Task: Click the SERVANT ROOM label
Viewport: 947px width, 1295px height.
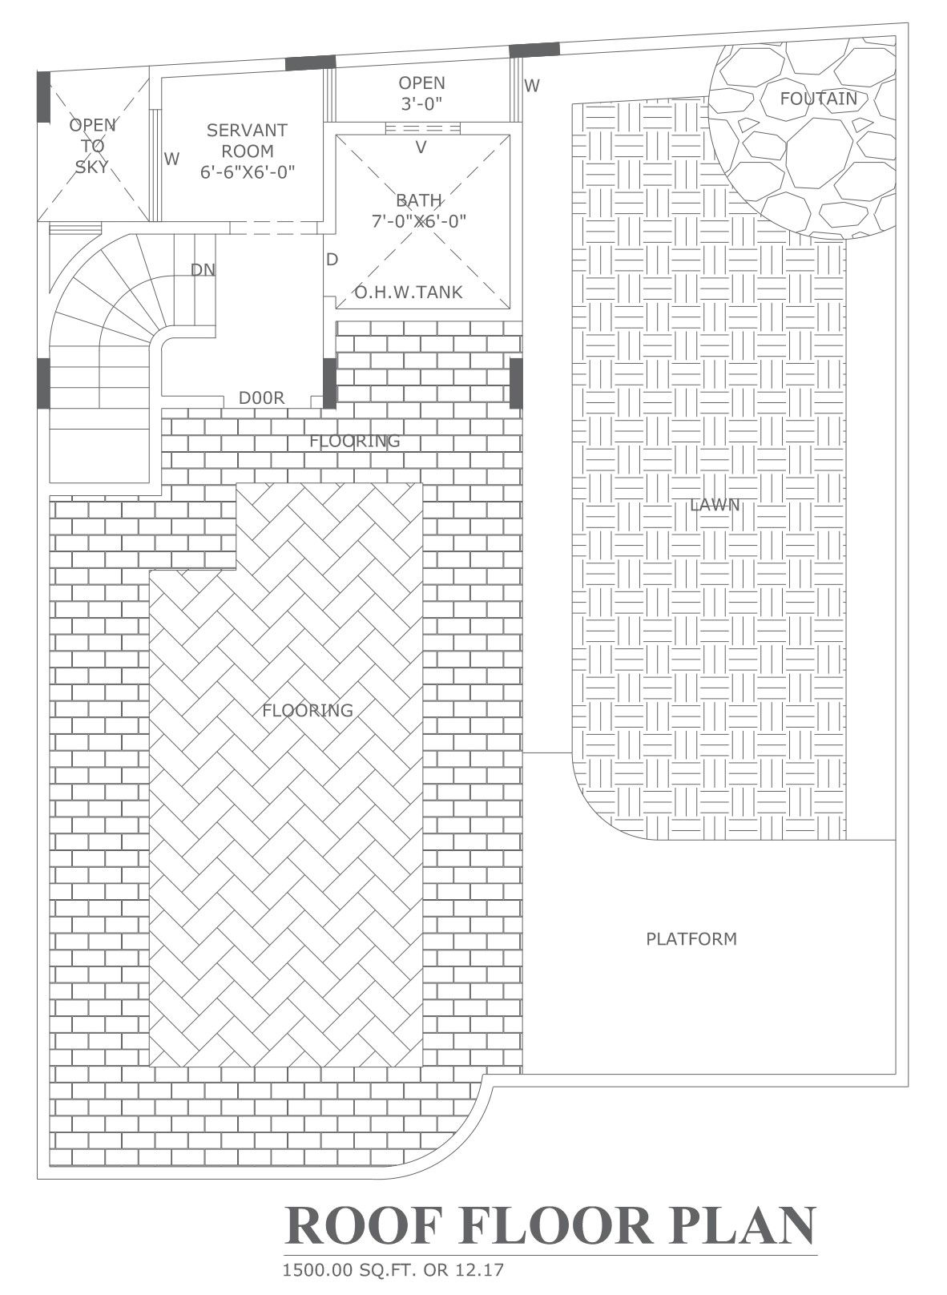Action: [247, 140]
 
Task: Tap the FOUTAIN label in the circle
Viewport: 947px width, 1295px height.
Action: [818, 99]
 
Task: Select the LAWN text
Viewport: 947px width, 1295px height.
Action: [715, 505]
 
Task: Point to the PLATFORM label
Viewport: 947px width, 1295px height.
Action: [691, 938]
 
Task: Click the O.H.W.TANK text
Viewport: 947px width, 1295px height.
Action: [409, 292]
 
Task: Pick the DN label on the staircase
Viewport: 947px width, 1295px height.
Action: [203, 270]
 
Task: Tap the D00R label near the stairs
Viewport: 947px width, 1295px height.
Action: [261, 398]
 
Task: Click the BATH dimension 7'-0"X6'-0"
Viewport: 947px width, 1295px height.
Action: [419, 221]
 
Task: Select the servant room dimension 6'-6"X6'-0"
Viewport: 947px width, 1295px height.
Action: [248, 172]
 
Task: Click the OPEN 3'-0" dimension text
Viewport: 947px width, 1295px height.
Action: [421, 103]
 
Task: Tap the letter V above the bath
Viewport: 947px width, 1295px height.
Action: [421, 147]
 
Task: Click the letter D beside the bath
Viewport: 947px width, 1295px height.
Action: [332, 260]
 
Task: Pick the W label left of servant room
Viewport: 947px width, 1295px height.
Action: [171, 159]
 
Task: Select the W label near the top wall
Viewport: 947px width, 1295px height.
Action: [532, 85]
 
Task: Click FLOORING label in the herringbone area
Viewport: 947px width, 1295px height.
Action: [308, 710]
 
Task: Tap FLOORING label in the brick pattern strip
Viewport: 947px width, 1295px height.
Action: [354, 441]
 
